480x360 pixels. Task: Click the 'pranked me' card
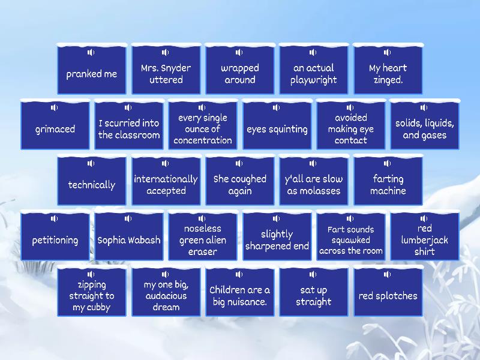click(92, 69)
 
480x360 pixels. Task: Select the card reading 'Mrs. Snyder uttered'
click(166, 69)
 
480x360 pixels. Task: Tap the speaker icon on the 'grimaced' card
click(54, 107)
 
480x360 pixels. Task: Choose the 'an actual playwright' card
click(314, 69)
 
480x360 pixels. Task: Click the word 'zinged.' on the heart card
click(388, 80)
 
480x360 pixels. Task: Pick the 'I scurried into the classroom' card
click(129, 125)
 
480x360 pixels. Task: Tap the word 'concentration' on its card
click(203, 140)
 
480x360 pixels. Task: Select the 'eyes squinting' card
click(277, 125)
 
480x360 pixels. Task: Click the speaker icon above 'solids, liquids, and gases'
click(424, 107)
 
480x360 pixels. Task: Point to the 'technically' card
click(92, 181)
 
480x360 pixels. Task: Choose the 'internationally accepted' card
click(166, 181)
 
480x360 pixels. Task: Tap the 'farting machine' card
click(388, 181)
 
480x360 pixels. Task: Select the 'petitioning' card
click(55, 236)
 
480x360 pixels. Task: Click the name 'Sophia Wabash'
click(129, 240)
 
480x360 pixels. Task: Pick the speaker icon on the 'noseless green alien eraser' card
click(202, 218)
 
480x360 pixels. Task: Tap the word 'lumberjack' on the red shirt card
click(425, 240)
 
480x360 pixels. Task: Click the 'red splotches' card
click(388, 292)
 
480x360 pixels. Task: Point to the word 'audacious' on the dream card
click(166, 296)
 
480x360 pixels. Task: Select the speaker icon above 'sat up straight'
click(313, 274)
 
